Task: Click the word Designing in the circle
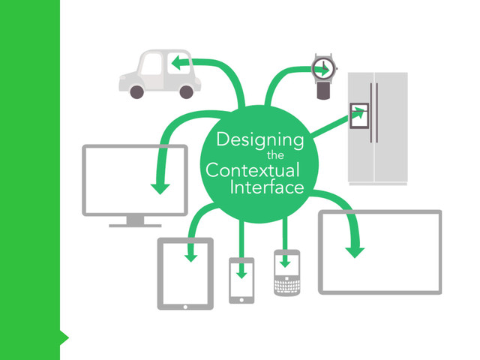pos(259,139)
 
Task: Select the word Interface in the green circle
pos(267,187)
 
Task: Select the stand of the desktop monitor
pos(135,220)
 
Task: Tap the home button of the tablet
pos(185,306)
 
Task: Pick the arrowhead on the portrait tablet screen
pos(191,256)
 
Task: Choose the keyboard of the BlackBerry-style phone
pos(286,284)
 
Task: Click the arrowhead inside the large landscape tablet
pos(355,250)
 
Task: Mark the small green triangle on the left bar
pos(64,338)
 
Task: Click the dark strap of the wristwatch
pos(323,91)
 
